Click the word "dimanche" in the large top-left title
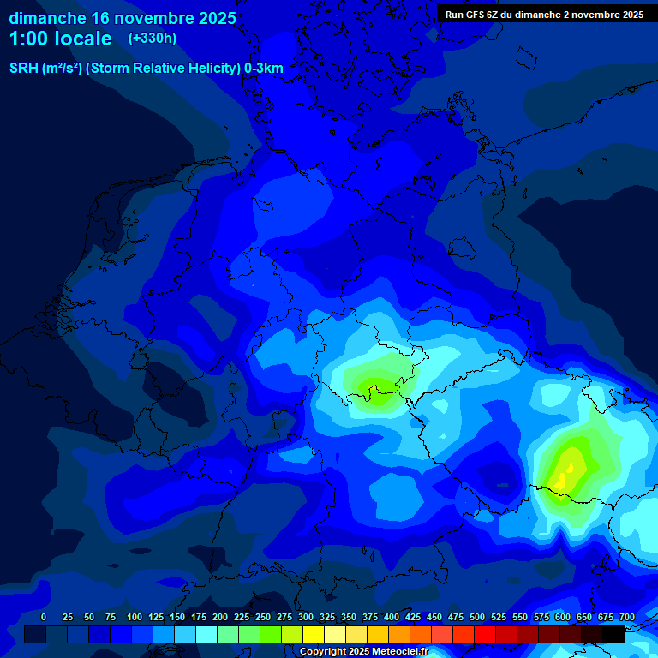click(x=46, y=18)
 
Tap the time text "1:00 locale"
click(x=60, y=39)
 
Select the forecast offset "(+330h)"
click(x=153, y=39)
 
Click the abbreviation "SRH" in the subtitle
click(x=24, y=69)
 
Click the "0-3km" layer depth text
click(x=264, y=69)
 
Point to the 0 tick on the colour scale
click(x=44, y=618)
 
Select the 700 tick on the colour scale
click(x=627, y=618)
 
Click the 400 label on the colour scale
click(x=392, y=618)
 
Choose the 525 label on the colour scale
click(x=499, y=618)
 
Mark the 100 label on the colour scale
click(x=135, y=618)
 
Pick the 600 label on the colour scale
click(x=563, y=618)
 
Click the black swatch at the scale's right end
click(x=613, y=634)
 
